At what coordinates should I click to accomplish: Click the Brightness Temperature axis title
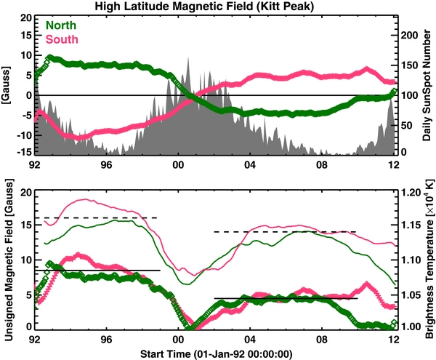(429, 259)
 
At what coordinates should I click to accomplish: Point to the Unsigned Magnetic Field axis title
(7, 259)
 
